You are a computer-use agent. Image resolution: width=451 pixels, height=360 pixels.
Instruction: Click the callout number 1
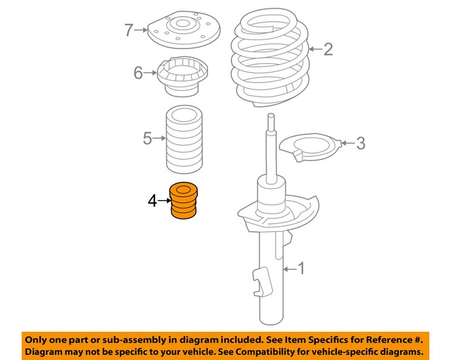(302, 268)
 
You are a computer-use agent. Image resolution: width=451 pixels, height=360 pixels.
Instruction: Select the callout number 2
(328, 49)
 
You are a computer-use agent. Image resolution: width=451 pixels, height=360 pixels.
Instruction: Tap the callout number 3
(360, 144)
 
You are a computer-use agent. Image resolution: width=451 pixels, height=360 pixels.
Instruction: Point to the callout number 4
(153, 201)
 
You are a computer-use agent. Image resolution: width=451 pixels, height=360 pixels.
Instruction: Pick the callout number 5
(147, 138)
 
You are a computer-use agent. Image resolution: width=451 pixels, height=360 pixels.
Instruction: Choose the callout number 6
(139, 72)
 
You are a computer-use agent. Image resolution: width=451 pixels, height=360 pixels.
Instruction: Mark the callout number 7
(128, 30)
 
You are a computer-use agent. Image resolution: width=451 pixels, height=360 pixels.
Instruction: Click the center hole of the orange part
(185, 189)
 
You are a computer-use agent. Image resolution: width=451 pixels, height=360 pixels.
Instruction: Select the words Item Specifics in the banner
(305, 337)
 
